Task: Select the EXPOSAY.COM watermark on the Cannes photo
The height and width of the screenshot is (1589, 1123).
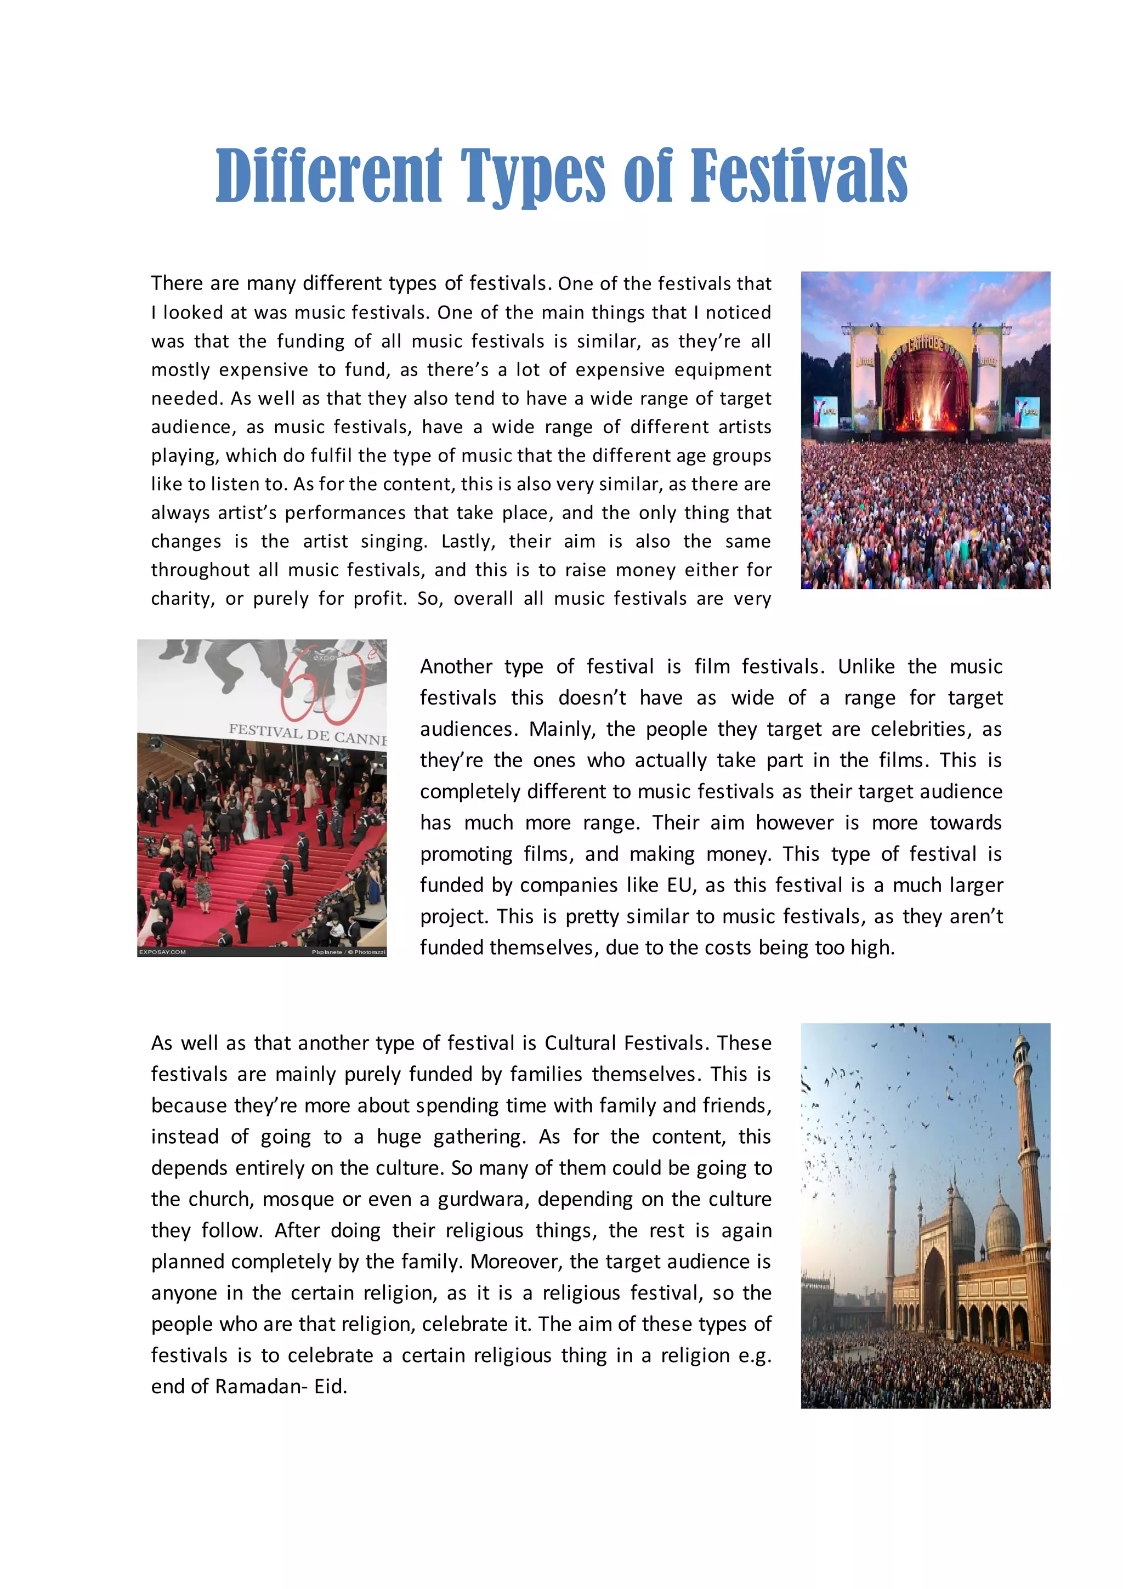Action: tap(163, 952)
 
